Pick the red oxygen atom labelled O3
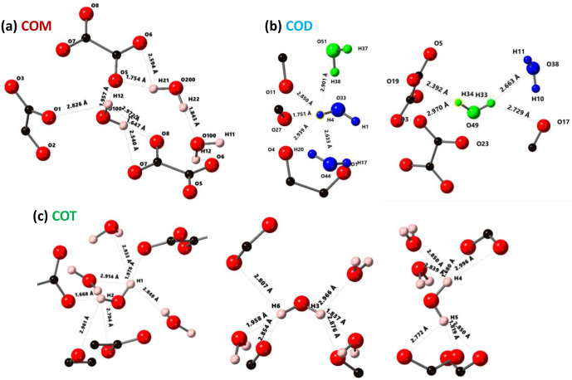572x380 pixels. pyautogui.click(x=11, y=86)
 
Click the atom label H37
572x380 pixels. pyautogui.click(x=363, y=49)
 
